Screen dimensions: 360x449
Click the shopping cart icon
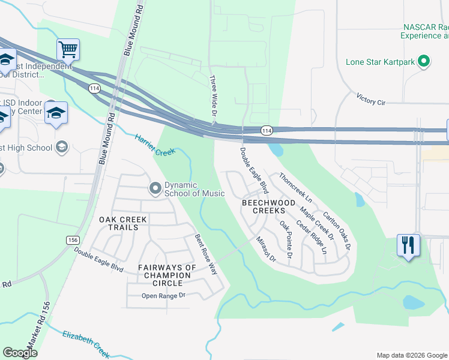click(68, 50)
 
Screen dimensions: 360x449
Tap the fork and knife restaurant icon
click(408, 245)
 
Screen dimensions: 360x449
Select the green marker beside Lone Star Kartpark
click(424, 61)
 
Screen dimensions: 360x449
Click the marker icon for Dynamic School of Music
click(155, 188)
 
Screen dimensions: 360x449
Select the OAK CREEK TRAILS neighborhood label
click(122, 223)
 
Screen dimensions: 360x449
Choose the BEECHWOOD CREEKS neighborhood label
click(268, 207)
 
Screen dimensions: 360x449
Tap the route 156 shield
click(73, 239)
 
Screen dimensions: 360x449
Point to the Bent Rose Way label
click(205, 254)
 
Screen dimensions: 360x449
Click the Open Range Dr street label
click(164, 296)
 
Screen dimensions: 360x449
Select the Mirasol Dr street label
click(265, 250)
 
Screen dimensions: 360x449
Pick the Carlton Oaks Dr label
click(336, 230)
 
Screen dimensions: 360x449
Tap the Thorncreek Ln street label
click(296, 188)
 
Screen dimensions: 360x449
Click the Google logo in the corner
click(20, 353)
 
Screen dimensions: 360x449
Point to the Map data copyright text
click(412, 355)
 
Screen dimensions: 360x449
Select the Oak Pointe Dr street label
click(286, 239)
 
